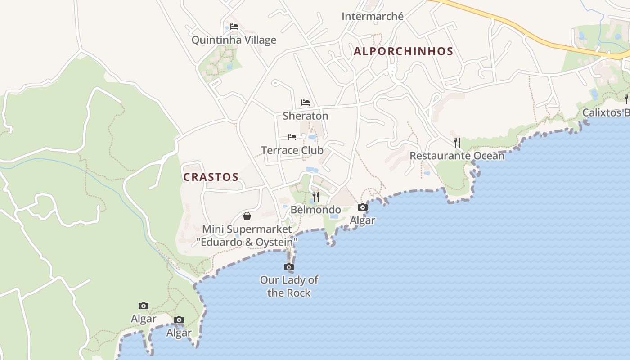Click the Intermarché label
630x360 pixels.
(x=372, y=17)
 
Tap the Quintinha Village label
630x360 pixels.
(x=234, y=40)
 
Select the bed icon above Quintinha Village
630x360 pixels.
(x=234, y=27)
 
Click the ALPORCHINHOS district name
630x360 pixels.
(x=403, y=51)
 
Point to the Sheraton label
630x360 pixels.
(x=305, y=116)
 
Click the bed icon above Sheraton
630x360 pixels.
(x=306, y=103)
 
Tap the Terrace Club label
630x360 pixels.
(x=292, y=150)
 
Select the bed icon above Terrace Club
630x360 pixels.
(x=292, y=137)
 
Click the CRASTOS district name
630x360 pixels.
(x=211, y=177)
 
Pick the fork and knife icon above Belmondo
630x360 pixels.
(x=315, y=196)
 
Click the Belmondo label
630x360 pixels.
(x=315, y=210)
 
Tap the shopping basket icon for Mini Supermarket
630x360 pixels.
(x=247, y=216)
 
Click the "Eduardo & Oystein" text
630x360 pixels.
(x=247, y=243)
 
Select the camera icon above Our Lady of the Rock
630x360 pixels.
(x=288, y=267)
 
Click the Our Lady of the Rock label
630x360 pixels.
(x=288, y=286)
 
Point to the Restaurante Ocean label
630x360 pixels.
(x=457, y=156)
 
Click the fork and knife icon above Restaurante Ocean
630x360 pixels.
(x=457, y=143)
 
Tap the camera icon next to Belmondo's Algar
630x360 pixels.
(x=362, y=207)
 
